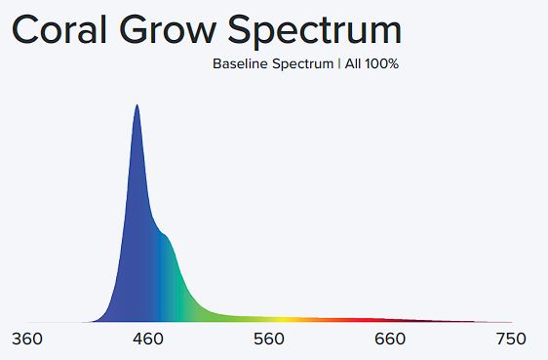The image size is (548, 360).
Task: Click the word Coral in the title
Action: [59, 29]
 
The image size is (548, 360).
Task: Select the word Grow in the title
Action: [168, 29]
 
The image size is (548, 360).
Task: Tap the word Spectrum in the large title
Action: [315, 32]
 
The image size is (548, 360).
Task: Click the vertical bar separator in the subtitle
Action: [339, 64]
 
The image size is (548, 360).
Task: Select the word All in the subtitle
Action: [353, 64]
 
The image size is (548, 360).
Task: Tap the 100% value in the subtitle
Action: [382, 64]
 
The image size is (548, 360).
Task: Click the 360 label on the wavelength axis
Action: [27, 340]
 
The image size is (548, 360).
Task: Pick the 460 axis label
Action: [148, 340]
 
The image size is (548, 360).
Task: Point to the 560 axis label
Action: [269, 340]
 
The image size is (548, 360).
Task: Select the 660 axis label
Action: [390, 340]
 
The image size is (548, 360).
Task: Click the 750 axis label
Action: [511, 340]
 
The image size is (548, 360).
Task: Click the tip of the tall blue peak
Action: [137, 104]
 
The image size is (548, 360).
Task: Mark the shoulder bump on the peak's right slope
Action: [165, 235]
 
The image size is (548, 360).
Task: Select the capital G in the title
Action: [135, 29]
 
